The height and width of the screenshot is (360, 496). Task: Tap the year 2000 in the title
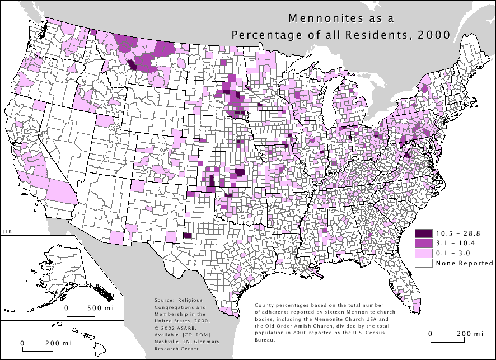tap(437, 34)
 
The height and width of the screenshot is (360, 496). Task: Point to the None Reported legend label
tap(458, 263)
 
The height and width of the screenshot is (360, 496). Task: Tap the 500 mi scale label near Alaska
tap(101, 308)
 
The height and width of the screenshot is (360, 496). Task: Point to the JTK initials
tap(7, 231)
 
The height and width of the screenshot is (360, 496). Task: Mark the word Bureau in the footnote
tap(264, 340)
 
